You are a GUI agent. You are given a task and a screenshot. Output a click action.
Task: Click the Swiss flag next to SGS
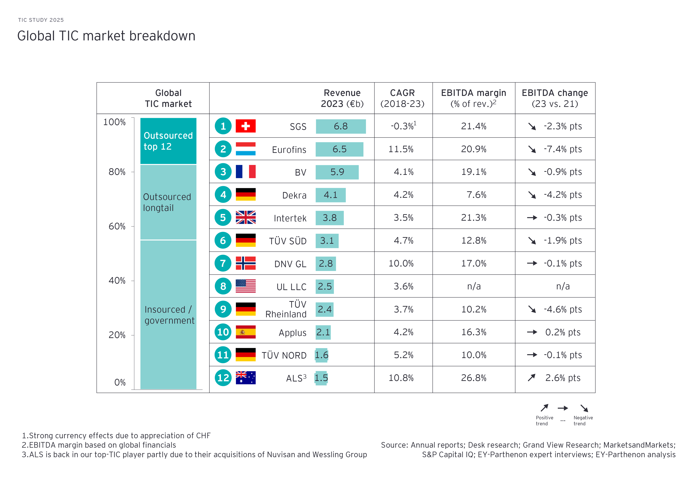pos(245,126)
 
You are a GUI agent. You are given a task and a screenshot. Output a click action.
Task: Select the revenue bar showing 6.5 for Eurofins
pos(339,149)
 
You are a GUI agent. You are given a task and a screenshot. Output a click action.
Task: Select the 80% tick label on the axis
pos(117,172)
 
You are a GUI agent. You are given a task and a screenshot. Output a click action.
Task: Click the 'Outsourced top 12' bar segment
pos(168,141)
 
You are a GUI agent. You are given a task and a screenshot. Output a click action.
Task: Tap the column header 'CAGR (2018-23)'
pos(402,98)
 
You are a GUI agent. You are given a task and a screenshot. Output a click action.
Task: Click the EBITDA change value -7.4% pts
pos(562,149)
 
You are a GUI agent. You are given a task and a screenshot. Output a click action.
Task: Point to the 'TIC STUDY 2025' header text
pos(41,20)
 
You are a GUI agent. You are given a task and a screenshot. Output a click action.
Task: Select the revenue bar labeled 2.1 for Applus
pos(323,332)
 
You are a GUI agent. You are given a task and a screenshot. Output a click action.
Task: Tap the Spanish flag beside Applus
pos(245,332)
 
